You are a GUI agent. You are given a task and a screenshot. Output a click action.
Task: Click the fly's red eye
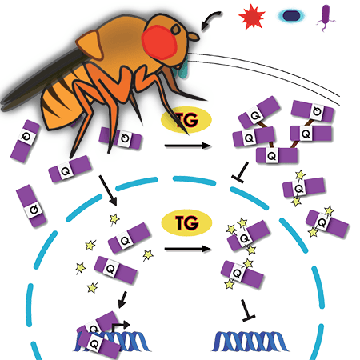(159, 42)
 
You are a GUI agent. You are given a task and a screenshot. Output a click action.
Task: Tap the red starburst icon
(252, 17)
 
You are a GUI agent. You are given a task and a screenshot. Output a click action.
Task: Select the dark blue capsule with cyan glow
(290, 16)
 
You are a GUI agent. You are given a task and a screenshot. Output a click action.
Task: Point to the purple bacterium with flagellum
(326, 18)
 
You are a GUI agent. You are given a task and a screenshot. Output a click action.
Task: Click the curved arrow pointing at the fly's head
(210, 18)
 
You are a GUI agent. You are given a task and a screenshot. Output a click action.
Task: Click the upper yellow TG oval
(186, 120)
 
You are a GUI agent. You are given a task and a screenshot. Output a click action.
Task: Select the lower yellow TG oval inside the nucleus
(186, 222)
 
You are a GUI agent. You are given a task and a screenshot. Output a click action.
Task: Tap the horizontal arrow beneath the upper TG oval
(188, 146)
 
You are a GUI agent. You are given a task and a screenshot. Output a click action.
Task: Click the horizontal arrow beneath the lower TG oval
(188, 249)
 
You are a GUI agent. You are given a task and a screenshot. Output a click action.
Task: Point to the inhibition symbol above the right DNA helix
(247, 310)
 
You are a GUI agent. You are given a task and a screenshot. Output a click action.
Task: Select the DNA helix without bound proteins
(250, 342)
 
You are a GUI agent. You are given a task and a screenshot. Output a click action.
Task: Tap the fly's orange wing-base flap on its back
(90, 44)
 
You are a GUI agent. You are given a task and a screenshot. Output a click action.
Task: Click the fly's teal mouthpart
(182, 70)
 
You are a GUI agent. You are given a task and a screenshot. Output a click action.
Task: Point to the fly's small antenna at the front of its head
(194, 37)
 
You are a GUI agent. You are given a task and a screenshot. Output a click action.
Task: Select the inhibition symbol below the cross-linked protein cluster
(241, 172)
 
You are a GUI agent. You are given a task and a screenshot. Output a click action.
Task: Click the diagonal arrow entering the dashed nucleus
(108, 190)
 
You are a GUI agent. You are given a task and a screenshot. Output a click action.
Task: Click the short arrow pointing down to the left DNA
(123, 300)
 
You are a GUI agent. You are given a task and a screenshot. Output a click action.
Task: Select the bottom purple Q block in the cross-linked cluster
(277, 155)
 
